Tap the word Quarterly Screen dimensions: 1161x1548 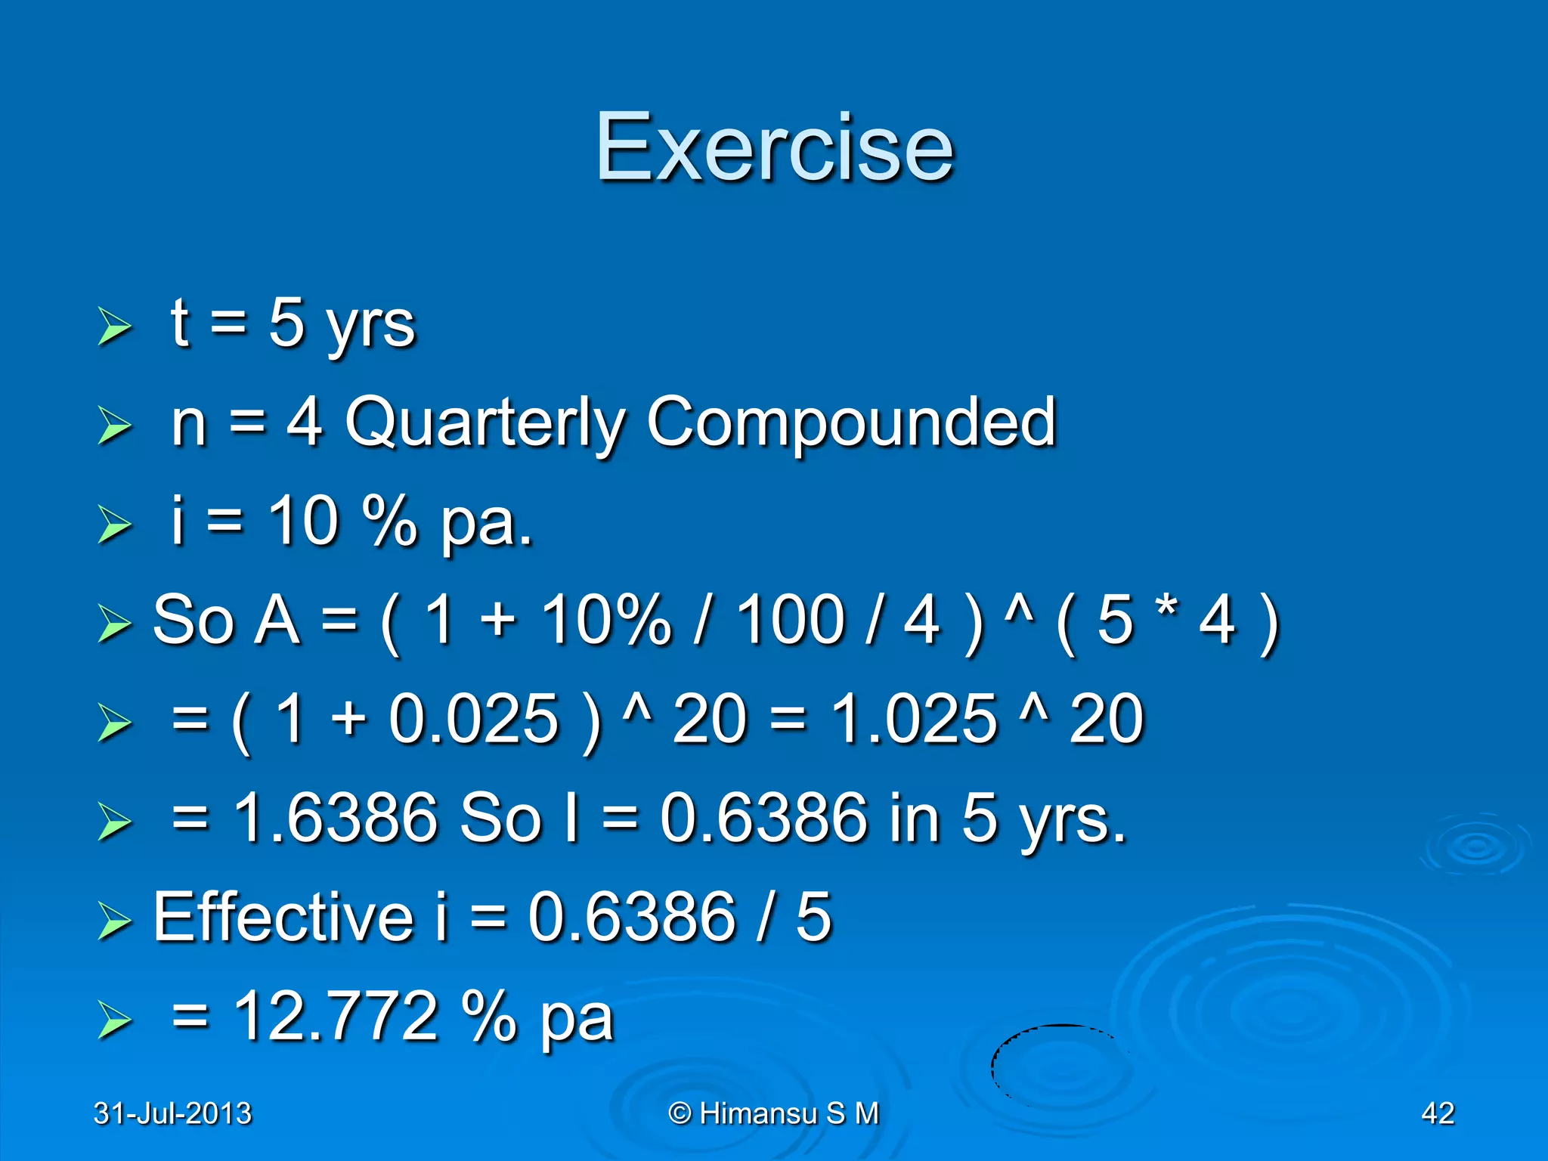(x=485, y=423)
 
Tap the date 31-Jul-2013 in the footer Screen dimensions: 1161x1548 (x=172, y=1113)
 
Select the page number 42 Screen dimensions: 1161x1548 (x=1438, y=1113)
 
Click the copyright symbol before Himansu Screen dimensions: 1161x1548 (x=680, y=1113)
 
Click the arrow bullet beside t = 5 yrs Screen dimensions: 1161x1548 (x=115, y=327)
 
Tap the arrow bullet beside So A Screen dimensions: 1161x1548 (x=115, y=624)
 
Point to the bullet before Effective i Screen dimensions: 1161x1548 (x=115, y=921)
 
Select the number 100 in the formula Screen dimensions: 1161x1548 (x=790, y=620)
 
